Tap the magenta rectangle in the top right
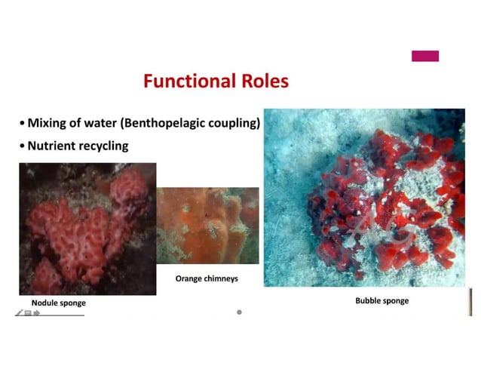tap(424, 56)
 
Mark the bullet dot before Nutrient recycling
tap(22, 146)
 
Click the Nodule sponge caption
tap(58, 303)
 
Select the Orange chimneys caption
tap(207, 278)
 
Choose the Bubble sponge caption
tap(381, 300)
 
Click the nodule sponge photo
tap(87, 228)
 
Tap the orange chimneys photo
tap(207, 225)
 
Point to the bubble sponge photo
tap(363, 198)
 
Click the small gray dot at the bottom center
tap(239, 312)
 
